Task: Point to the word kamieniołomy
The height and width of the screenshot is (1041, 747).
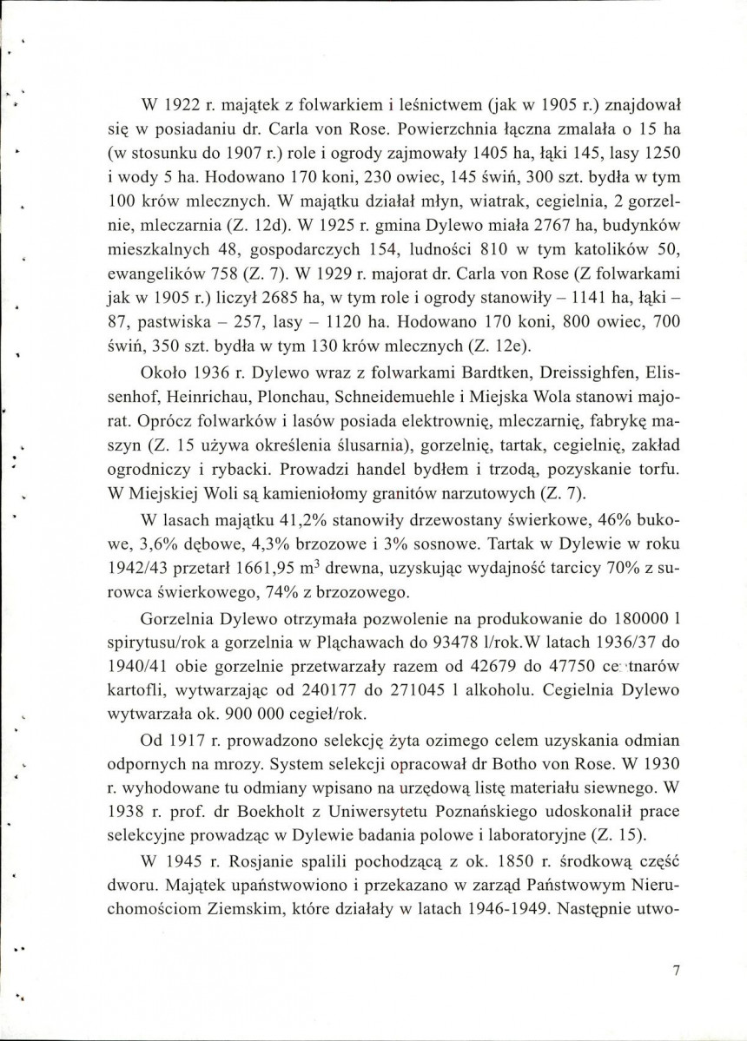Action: pyautogui.click(x=314, y=496)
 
